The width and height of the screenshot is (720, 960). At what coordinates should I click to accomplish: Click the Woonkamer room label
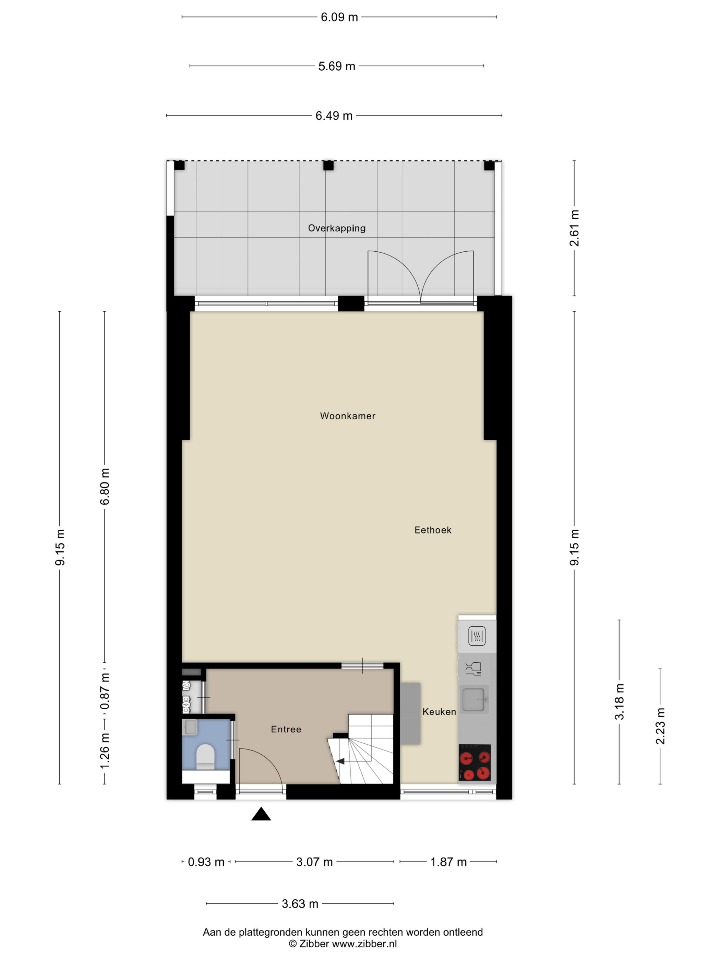pyautogui.click(x=347, y=416)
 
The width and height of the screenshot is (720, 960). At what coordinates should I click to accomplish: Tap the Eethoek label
pyautogui.click(x=433, y=530)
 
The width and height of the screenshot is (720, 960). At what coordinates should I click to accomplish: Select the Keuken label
pyautogui.click(x=439, y=712)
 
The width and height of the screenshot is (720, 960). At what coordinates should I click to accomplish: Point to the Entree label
pyautogui.click(x=286, y=729)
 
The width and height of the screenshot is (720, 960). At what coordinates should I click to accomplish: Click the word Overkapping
pyautogui.click(x=337, y=228)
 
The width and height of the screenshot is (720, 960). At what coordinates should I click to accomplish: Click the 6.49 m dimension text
pyautogui.click(x=334, y=116)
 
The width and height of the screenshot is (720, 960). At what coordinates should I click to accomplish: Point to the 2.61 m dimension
pyautogui.click(x=574, y=228)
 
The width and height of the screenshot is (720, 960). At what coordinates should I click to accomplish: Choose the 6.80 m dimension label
pyautogui.click(x=105, y=487)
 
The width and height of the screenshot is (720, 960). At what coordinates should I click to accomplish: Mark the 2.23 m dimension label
pyautogui.click(x=660, y=726)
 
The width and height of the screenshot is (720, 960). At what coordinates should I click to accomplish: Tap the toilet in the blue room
pyautogui.click(x=206, y=757)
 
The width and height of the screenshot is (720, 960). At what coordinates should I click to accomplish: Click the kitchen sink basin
pyautogui.click(x=473, y=700)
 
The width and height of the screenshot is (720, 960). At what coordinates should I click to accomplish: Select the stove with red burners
pyautogui.click(x=475, y=762)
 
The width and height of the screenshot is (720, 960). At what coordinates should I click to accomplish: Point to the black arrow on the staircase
pyautogui.click(x=340, y=761)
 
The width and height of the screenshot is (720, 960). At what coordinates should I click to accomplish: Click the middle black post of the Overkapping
pyautogui.click(x=328, y=165)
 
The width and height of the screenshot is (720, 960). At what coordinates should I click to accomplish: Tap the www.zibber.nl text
pyautogui.click(x=364, y=944)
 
